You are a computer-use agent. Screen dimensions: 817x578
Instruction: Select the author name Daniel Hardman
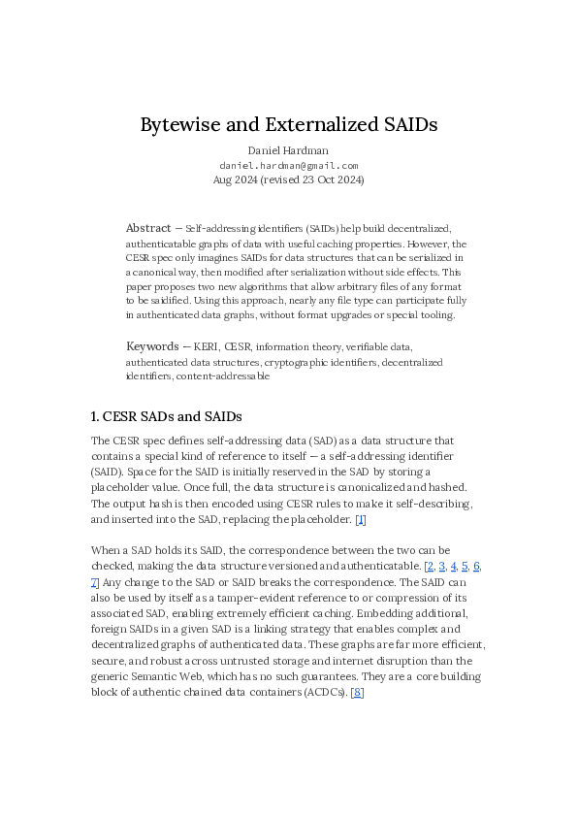[x=289, y=150]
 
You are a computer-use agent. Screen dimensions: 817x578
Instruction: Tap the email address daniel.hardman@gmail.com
[x=289, y=165]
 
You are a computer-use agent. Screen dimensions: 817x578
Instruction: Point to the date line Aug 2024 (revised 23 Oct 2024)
[x=289, y=180]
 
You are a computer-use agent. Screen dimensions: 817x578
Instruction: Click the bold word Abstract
[x=148, y=229]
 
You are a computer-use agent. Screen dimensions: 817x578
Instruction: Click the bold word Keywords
[x=152, y=346]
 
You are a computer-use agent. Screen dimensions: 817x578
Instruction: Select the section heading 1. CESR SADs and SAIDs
[x=166, y=416]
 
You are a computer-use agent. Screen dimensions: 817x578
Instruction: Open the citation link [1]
[x=360, y=519]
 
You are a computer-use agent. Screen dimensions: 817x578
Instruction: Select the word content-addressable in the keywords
[x=223, y=376]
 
